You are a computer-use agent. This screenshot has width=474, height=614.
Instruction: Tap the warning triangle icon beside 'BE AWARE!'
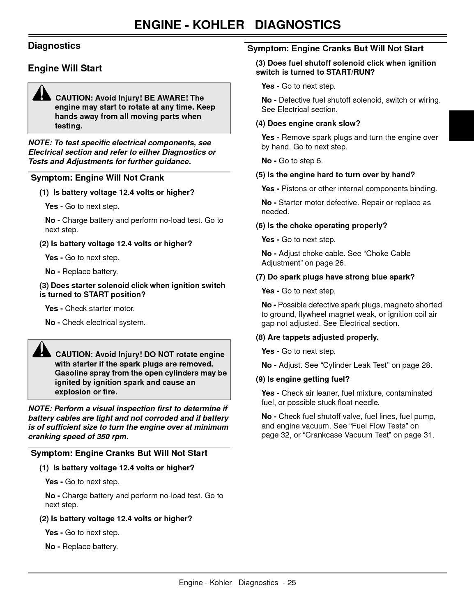pyautogui.click(x=41, y=94)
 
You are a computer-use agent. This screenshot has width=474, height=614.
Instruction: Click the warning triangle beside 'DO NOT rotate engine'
pyautogui.click(x=41, y=350)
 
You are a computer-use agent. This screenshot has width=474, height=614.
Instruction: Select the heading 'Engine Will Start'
pyautogui.click(x=65, y=68)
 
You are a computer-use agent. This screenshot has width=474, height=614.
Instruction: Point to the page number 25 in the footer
pyautogui.click(x=292, y=583)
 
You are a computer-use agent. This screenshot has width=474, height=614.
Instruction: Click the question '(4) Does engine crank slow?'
pyautogui.click(x=308, y=124)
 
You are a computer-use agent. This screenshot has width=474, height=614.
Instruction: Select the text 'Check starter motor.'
pyautogui.click(x=100, y=309)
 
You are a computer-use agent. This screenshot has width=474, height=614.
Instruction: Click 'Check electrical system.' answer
pyautogui.click(x=104, y=323)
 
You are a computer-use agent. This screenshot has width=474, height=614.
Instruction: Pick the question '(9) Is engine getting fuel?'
pyautogui.click(x=302, y=379)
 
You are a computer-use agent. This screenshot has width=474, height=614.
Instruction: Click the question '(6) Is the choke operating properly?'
pyautogui.click(x=321, y=226)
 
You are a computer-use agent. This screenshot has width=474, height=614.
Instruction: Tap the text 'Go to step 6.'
pyautogui.click(x=301, y=161)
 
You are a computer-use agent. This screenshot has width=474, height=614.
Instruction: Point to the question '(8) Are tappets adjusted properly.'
pyautogui.click(x=317, y=337)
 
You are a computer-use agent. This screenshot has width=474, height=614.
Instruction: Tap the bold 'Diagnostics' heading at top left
pyautogui.click(x=54, y=46)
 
